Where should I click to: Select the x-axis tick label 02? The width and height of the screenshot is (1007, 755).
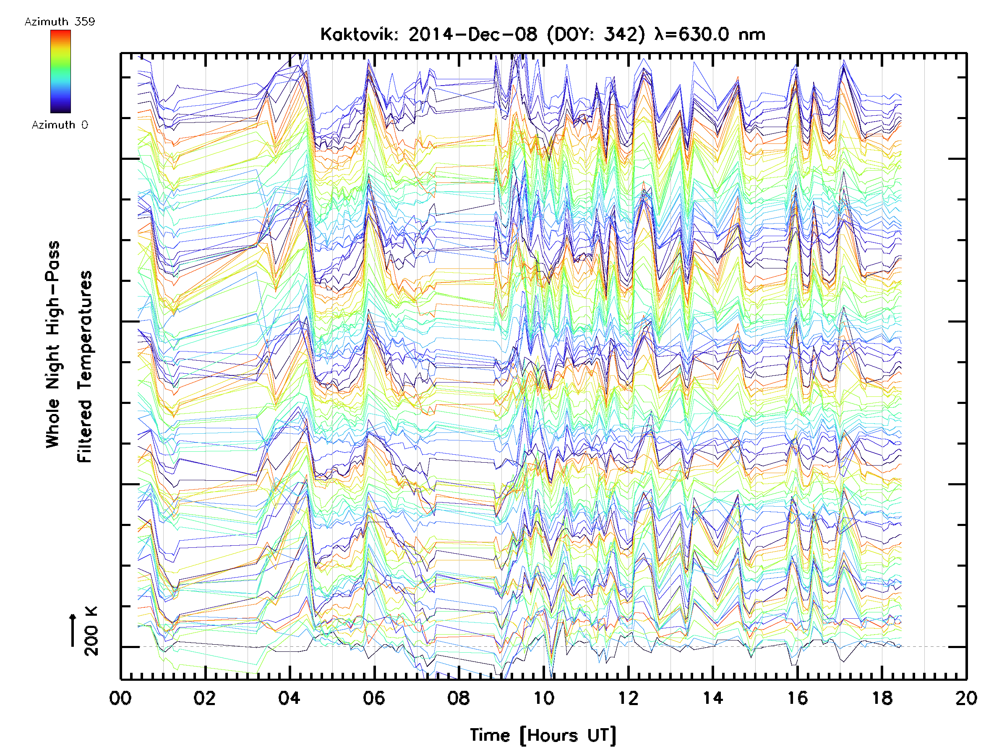(x=204, y=698)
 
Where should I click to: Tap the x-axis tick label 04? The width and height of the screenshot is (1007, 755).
(x=289, y=698)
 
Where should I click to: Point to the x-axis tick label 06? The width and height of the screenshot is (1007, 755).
(x=374, y=698)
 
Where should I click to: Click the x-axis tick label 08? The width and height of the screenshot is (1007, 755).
(x=459, y=698)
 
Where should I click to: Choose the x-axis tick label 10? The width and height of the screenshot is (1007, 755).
(x=543, y=698)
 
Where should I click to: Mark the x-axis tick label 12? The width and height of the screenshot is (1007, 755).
(x=628, y=698)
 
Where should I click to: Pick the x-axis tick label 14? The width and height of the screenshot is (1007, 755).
(x=713, y=698)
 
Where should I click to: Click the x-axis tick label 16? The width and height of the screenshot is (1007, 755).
(x=798, y=698)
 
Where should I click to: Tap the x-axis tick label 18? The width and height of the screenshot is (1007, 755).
(x=882, y=698)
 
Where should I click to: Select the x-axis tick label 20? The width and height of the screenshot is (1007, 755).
(x=966, y=698)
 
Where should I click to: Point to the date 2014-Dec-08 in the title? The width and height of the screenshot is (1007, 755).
(x=472, y=34)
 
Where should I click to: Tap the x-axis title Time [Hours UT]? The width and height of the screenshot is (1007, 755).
(x=543, y=735)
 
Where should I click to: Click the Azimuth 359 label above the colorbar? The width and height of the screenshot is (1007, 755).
(x=60, y=21)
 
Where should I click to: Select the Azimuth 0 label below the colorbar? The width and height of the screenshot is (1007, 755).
(x=60, y=125)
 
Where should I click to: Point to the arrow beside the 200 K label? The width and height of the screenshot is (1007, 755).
(x=73, y=630)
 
